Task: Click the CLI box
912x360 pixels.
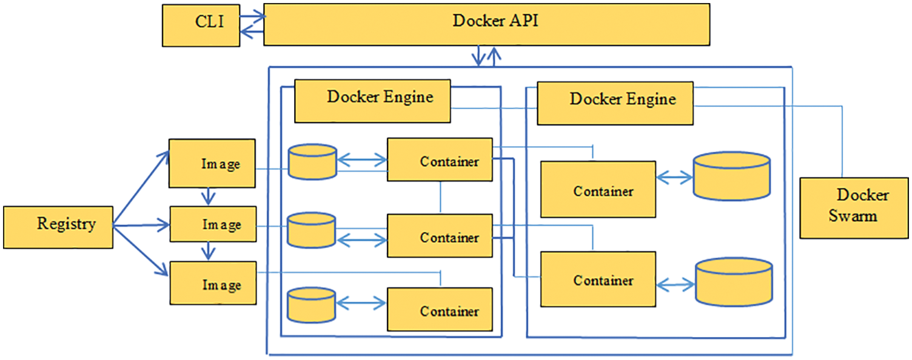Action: (200, 25)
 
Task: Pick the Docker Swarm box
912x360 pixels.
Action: (854, 208)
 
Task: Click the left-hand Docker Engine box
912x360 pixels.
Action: (372, 101)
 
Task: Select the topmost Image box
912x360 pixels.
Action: (212, 164)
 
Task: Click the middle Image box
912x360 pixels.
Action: (212, 224)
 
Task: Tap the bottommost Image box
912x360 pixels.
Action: (212, 284)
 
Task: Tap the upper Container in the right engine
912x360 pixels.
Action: (598, 189)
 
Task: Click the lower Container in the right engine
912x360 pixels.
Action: (598, 279)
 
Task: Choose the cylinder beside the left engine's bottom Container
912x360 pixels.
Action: (311, 305)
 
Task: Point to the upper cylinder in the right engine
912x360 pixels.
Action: (731, 176)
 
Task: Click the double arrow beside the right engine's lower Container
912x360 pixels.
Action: (675, 283)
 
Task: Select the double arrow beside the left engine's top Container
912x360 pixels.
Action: (361, 161)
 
